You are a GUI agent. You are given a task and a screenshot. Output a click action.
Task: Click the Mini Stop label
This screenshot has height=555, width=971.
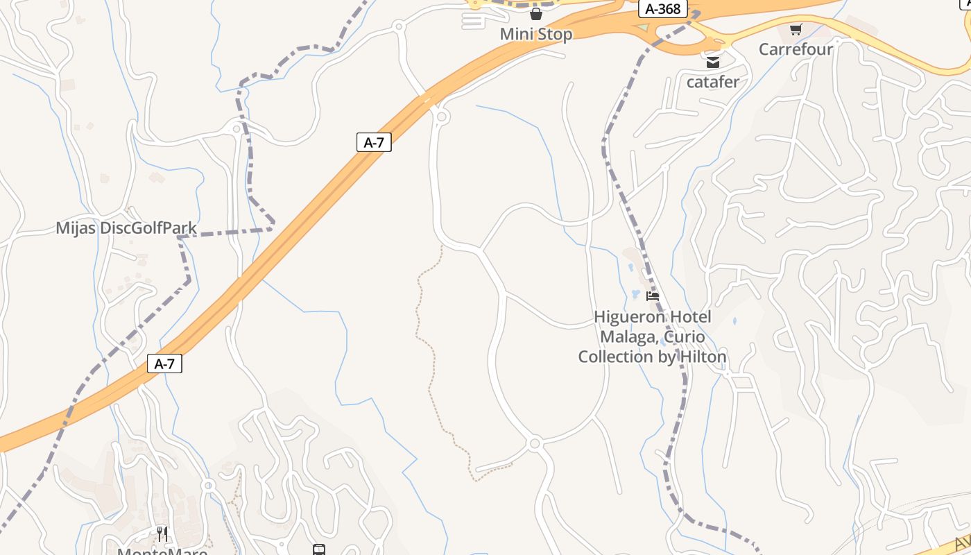(536, 34)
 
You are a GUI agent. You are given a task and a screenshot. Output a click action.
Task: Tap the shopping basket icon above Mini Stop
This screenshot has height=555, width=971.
(536, 14)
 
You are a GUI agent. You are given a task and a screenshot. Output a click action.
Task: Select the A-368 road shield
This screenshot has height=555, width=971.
(662, 9)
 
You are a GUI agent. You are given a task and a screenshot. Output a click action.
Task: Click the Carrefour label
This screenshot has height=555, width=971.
(796, 49)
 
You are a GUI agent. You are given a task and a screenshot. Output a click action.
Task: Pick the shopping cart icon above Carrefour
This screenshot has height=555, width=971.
(796, 29)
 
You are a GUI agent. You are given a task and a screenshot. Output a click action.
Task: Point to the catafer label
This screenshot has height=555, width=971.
(713, 82)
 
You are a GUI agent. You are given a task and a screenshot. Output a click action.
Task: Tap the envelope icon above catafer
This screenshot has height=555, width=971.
(713, 62)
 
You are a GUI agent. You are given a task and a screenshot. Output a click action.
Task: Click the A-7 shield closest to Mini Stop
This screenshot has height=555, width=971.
(374, 143)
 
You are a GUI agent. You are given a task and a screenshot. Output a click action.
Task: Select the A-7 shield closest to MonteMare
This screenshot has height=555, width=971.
(164, 364)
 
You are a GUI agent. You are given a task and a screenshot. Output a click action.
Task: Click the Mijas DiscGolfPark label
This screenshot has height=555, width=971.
(126, 228)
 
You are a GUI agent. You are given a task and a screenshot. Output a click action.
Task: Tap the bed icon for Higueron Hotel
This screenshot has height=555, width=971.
(653, 296)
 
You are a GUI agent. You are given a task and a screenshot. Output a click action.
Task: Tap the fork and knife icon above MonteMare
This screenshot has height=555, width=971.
(162, 533)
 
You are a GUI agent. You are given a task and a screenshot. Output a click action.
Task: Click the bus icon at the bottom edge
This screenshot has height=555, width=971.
(319, 550)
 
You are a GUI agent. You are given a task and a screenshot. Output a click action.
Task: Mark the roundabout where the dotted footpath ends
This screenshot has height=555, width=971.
(534, 443)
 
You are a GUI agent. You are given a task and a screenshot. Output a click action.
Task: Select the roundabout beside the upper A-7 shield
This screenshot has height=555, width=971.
(442, 117)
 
